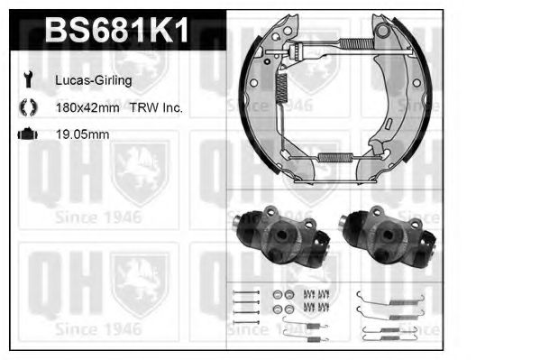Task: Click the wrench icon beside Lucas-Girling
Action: pyautogui.click(x=26, y=80)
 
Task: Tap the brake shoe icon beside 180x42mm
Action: pyautogui.click(x=26, y=107)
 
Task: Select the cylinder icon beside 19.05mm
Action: pyautogui.click(x=26, y=134)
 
